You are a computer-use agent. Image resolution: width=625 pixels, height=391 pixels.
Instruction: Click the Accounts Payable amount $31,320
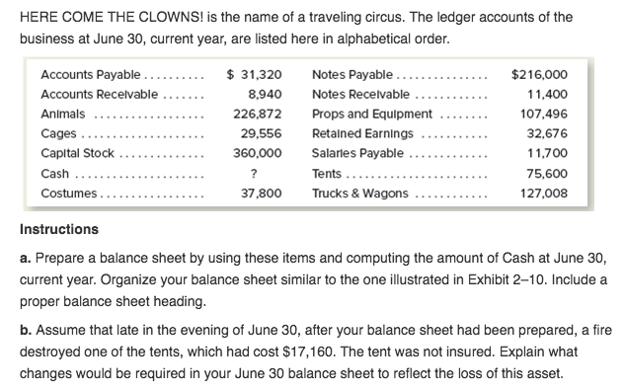click(x=255, y=74)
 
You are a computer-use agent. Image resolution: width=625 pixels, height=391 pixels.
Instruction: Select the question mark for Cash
click(x=254, y=174)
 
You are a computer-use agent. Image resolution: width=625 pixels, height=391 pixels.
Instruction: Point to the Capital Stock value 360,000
click(x=257, y=153)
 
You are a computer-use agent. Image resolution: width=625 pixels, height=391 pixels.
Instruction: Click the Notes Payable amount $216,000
click(x=540, y=74)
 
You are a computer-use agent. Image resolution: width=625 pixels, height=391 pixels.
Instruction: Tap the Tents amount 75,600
click(x=548, y=174)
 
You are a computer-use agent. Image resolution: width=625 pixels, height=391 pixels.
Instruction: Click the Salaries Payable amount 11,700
click(x=548, y=153)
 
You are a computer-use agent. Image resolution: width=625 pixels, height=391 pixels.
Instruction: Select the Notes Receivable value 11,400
click(x=548, y=94)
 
